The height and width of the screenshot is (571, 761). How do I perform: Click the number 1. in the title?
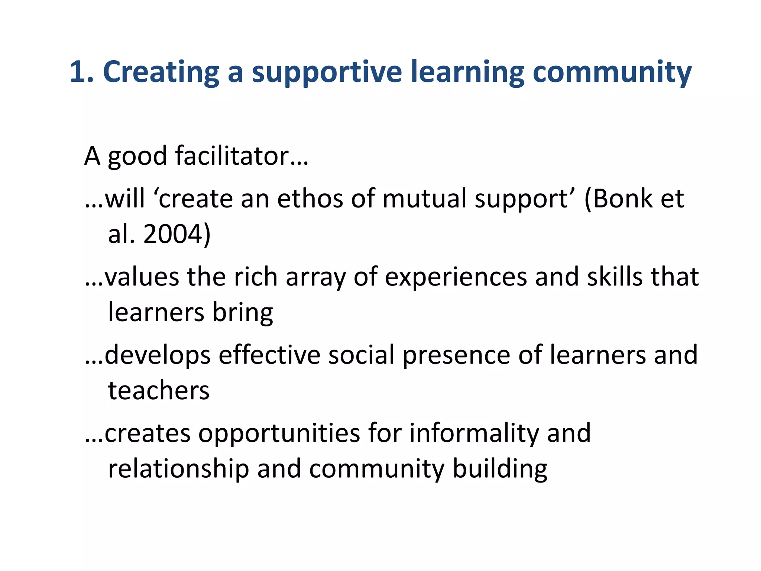[x=81, y=72]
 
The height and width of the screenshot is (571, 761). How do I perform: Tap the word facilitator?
[x=232, y=156]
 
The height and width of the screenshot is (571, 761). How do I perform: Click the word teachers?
[x=159, y=391]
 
